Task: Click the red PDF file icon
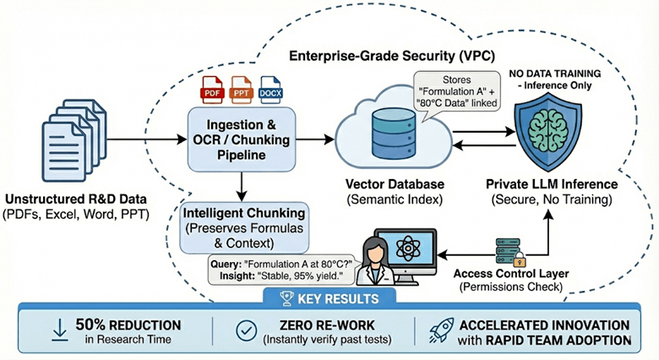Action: tap(211, 88)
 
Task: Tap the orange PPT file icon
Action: tap(242, 88)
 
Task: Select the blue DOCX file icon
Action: tap(272, 88)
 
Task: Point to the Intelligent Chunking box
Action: tap(240, 225)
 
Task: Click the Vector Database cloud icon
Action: tap(380, 136)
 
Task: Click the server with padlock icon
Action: tap(509, 250)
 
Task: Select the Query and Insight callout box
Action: tap(279, 269)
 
